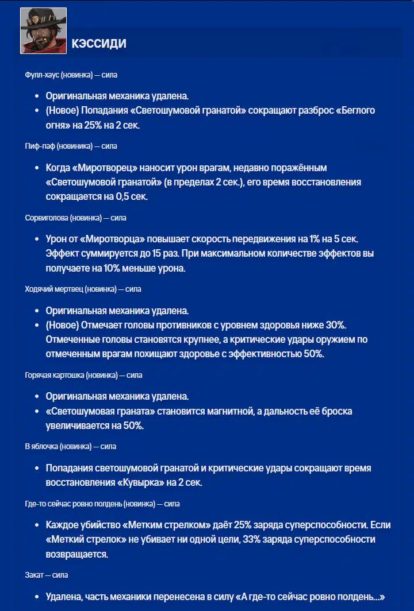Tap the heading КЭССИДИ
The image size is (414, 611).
(99, 44)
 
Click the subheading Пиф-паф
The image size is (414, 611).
(40, 146)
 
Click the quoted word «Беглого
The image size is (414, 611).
(351, 110)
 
